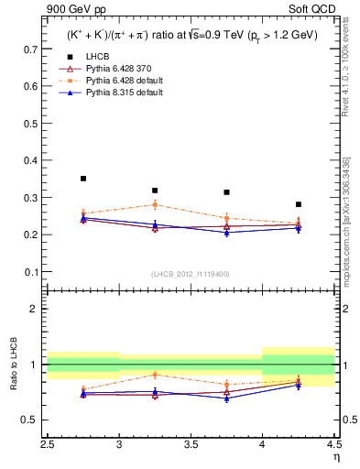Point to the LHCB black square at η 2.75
(83, 179)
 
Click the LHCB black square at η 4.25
(299, 204)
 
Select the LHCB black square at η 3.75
(226, 192)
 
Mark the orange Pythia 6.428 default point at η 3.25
(155, 204)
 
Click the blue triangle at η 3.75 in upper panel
(226, 233)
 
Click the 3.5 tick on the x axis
(191, 445)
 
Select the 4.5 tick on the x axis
(334, 445)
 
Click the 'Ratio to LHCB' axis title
(14, 365)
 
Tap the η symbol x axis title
(335, 457)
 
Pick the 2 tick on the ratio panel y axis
(37, 309)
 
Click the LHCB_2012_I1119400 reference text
(191, 274)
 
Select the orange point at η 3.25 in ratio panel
(155, 374)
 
